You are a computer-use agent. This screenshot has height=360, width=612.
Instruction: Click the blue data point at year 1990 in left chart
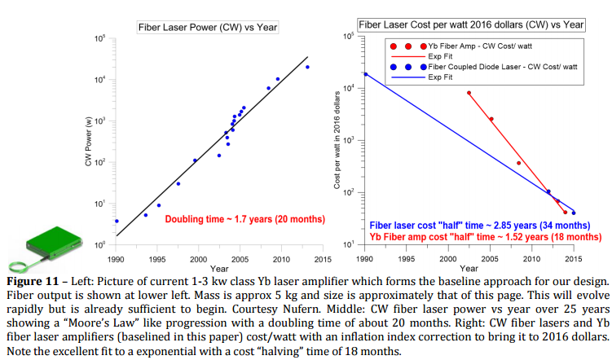click(x=117, y=221)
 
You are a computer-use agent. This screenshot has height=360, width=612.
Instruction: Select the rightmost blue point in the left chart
click(x=307, y=67)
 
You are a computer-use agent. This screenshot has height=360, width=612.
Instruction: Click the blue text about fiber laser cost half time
click(x=480, y=225)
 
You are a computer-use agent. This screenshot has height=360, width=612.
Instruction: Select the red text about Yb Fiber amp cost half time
click(x=480, y=236)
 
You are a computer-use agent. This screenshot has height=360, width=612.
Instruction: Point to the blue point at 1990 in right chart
click(x=365, y=74)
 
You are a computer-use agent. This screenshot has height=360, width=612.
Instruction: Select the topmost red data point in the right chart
click(x=469, y=93)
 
